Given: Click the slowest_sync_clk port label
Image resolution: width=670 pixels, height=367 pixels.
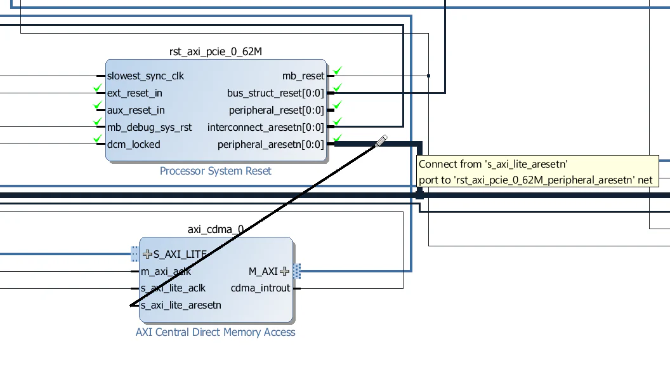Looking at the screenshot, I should pos(145,76).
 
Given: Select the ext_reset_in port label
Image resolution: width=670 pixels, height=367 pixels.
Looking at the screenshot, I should pos(135,93).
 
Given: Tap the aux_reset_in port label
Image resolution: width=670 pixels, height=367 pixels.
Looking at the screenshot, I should pos(136,110).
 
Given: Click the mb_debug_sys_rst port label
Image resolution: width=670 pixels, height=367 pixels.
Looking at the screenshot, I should pos(149,127).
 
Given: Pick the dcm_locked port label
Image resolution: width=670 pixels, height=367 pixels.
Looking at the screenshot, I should pos(133,144).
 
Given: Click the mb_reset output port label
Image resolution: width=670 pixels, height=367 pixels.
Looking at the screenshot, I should pos(303,76).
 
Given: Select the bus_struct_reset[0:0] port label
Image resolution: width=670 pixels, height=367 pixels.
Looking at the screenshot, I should pos(275,93).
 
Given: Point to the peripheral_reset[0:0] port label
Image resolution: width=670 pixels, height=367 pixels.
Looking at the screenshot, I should pos(277,110).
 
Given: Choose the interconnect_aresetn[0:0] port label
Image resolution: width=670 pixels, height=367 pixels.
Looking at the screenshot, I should pos(265,127).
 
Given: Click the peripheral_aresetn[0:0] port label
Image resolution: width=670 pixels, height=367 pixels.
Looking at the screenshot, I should pos(270,144).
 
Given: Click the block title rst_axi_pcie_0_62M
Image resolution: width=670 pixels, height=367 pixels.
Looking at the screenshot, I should pos(216,51).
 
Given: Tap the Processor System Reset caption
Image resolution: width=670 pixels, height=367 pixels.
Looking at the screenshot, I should pos(215,170).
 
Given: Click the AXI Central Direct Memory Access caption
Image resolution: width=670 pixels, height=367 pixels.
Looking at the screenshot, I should pos(215,331).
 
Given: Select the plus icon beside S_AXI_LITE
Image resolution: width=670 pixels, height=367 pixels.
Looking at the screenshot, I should pos(148,254).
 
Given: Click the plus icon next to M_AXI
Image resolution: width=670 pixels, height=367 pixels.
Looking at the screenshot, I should pos(284,271).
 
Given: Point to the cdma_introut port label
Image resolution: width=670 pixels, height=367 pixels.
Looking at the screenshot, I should pos(260,288).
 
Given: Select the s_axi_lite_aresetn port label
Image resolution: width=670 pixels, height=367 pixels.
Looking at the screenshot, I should pos(181,305).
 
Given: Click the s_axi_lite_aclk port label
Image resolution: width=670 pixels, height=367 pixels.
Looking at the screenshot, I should pos(173,288).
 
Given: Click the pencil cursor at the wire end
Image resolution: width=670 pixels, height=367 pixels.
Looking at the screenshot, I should pos(381,141).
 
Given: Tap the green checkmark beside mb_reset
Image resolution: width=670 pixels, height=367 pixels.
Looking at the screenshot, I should pos(338,70).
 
